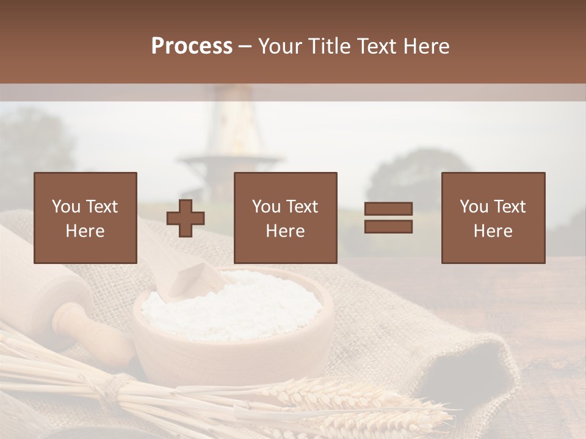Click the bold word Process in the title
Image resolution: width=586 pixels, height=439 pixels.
[x=192, y=46]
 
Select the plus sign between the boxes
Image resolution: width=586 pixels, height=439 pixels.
[x=186, y=218]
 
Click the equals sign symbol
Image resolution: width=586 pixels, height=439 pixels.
[x=388, y=218]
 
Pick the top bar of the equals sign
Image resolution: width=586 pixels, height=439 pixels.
[x=388, y=209]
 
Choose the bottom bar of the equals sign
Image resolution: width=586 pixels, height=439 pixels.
[x=388, y=227]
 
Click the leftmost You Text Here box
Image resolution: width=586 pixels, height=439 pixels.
[x=85, y=218]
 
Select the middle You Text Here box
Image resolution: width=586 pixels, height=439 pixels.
[x=286, y=218]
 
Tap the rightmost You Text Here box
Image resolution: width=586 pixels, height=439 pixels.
[x=493, y=218]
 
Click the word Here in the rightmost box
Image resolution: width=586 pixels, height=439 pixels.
[x=493, y=231]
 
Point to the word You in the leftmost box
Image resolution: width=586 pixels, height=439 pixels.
[x=65, y=207]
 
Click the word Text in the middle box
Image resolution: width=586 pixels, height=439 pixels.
[x=302, y=207]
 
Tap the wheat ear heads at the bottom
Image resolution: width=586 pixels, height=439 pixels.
[x=354, y=402]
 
